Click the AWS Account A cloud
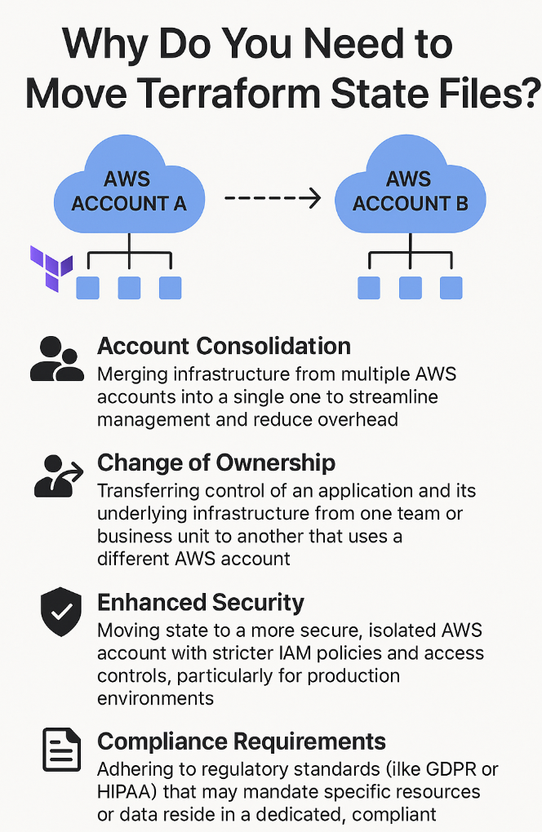tap(129, 190)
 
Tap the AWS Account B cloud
tap(410, 190)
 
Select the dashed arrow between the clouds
tap(272, 198)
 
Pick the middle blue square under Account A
tap(129, 287)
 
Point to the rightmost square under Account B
tap(451, 287)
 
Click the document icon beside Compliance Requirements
tap(60, 750)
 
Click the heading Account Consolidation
tap(224, 346)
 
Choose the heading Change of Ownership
tap(216, 462)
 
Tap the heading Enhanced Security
tap(201, 603)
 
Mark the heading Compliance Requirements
tap(242, 741)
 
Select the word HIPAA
tap(123, 792)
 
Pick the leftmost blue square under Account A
tap(87, 287)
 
